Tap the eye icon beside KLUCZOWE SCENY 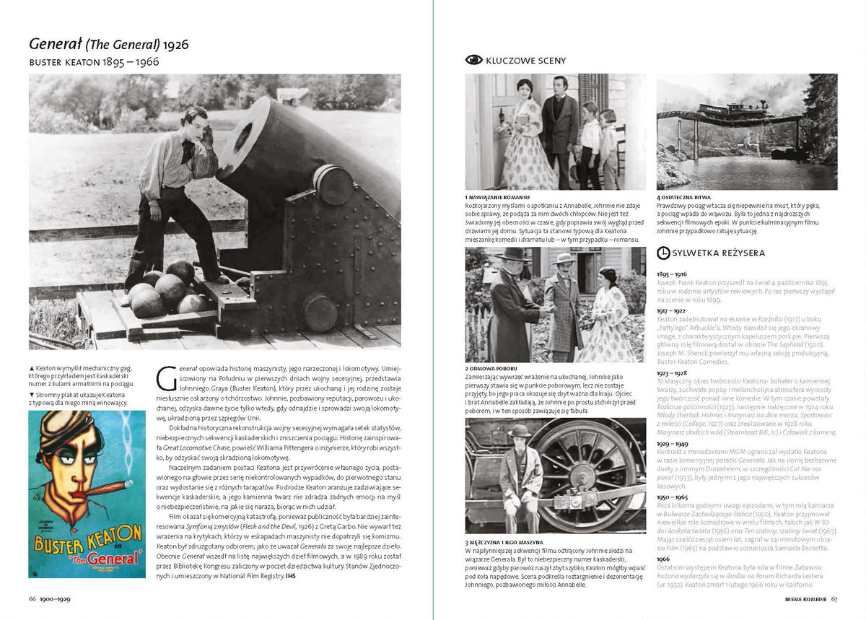473,60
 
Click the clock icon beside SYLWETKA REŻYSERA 663,253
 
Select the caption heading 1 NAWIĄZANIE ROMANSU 498,197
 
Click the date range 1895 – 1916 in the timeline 671,275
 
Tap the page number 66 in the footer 32,598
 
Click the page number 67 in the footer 834,598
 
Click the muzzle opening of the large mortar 243,137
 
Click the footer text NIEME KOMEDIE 806,598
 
